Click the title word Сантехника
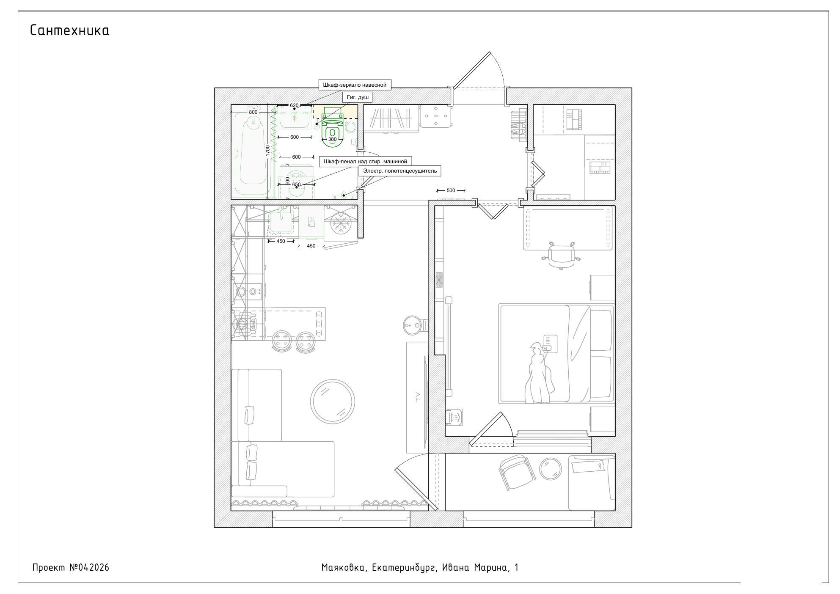pyautogui.click(x=70, y=30)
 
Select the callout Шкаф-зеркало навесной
pyautogui.click(x=355, y=85)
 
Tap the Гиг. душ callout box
pyautogui.click(x=358, y=97)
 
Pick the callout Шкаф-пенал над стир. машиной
pyautogui.click(x=365, y=162)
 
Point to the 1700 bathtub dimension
pyautogui.click(x=267, y=151)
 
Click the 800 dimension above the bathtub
pyautogui.click(x=253, y=112)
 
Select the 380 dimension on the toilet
pyautogui.click(x=332, y=139)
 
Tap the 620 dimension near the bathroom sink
pyautogui.click(x=294, y=105)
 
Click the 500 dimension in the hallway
pyautogui.click(x=451, y=190)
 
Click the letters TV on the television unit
pyautogui.click(x=418, y=397)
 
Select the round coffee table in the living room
pyautogui.click(x=333, y=401)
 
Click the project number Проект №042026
pyautogui.click(x=71, y=567)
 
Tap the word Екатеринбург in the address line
pyautogui.click(x=404, y=568)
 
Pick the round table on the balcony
pyautogui.click(x=551, y=469)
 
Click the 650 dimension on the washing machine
pyautogui.click(x=296, y=184)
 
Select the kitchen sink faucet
pyautogui.click(x=281, y=211)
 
